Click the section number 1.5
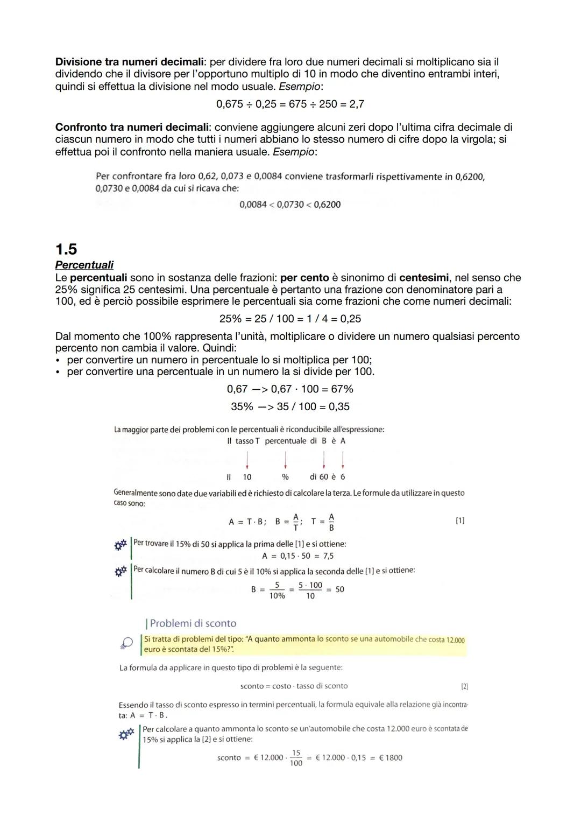(x=66, y=249)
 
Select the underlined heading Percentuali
(x=84, y=265)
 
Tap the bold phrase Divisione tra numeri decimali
(x=128, y=62)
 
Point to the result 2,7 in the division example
(x=357, y=104)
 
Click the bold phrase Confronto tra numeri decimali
(x=132, y=128)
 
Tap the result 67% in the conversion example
(x=342, y=389)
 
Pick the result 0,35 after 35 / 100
(x=339, y=407)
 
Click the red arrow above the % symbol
(x=285, y=459)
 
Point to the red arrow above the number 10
(x=247, y=459)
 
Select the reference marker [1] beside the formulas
(x=460, y=521)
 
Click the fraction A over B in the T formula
(x=331, y=522)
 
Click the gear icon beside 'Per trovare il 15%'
(x=121, y=545)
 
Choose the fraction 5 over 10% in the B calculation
(x=277, y=590)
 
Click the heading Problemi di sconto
(x=193, y=623)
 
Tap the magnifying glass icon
(x=126, y=643)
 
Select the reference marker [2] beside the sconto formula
(x=465, y=686)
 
